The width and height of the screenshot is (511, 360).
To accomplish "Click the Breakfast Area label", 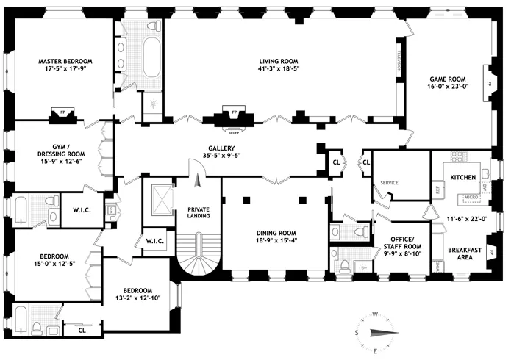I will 465,253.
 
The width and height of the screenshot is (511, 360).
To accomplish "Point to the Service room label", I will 389,183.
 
